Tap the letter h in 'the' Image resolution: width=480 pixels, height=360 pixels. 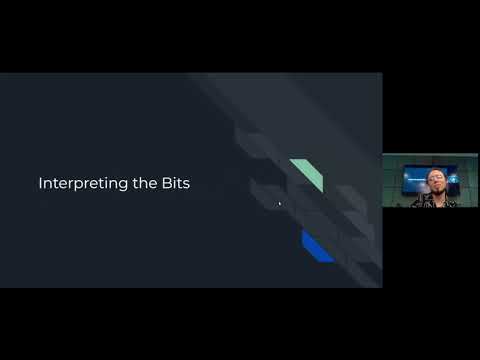point(135,183)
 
